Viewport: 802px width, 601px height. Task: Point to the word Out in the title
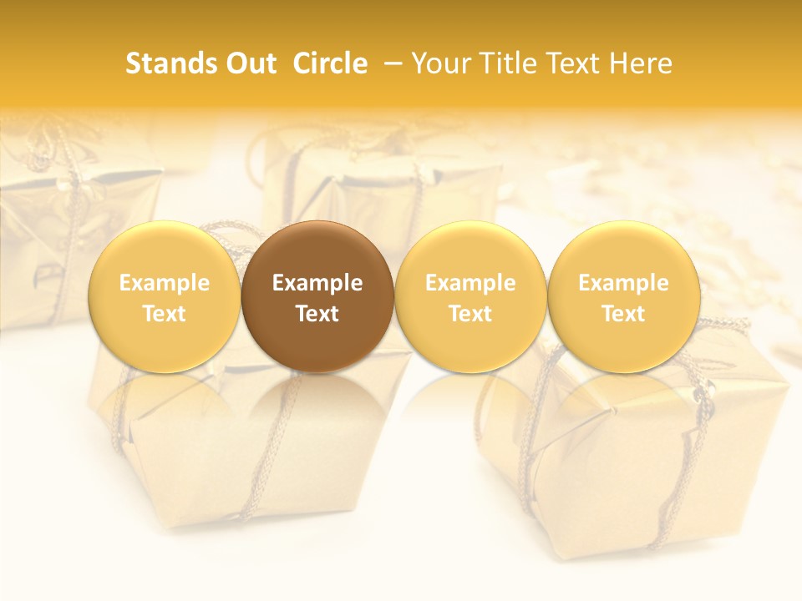coord(252,63)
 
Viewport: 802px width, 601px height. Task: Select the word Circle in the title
coord(330,63)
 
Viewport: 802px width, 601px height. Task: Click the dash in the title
coord(393,63)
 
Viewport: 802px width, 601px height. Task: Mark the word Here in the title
coord(640,63)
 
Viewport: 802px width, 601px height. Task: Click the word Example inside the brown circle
coord(317,283)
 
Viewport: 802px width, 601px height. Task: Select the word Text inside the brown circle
coord(317,314)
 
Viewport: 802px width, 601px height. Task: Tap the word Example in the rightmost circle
coord(623,283)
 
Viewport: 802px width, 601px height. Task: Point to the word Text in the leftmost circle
coord(164,314)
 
